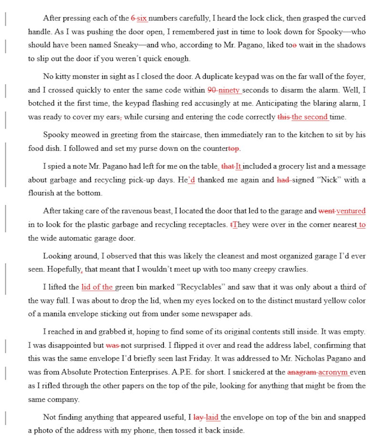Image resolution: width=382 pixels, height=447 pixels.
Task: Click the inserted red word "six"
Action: (142, 19)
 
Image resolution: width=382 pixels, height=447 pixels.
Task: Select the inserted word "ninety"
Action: (229, 90)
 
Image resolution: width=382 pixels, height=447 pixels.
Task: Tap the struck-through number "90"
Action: (212, 90)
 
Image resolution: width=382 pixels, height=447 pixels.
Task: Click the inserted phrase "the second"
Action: (309, 117)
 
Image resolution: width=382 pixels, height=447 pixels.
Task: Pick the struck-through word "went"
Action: (327, 211)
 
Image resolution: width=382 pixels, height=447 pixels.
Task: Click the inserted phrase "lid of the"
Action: (97, 287)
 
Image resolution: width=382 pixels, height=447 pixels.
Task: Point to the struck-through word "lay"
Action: (199, 417)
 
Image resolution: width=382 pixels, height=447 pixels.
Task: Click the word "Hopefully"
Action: (63, 269)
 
